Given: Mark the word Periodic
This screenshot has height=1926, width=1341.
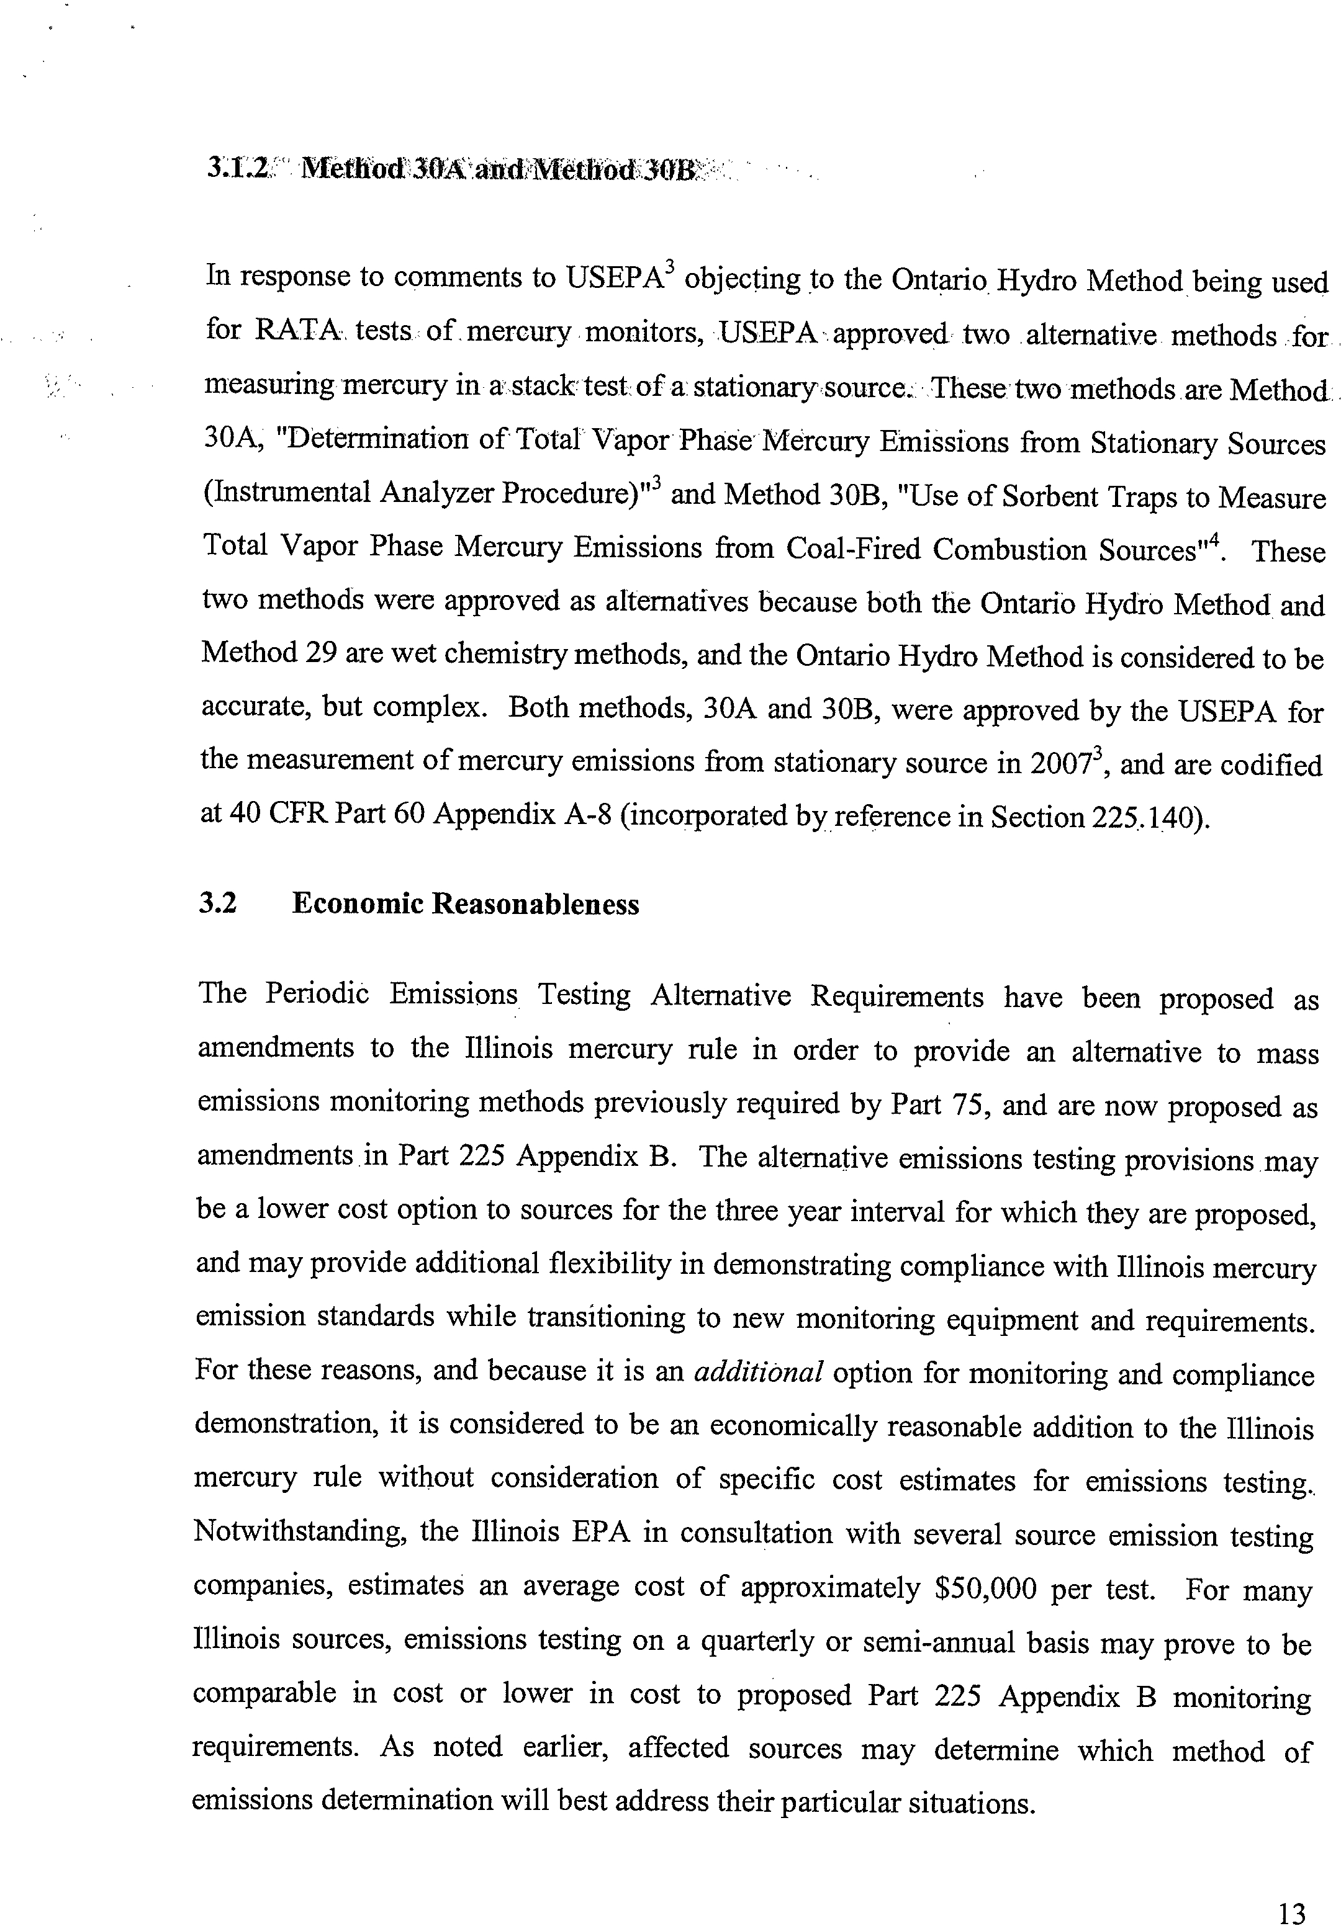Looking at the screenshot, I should [x=317, y=993].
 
